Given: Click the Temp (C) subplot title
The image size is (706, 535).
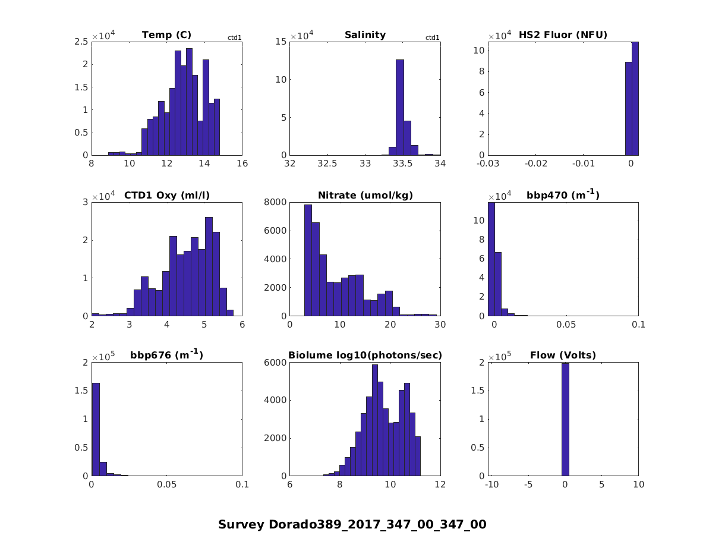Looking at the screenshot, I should (x=166, y=35).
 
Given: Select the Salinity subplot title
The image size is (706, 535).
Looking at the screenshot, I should (x=365, y=35).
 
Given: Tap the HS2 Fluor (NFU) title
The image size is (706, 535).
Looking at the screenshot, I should (x=563, y=35).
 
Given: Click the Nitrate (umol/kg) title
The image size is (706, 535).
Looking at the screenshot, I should (x=365, y=195).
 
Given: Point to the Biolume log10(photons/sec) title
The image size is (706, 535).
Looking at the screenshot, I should (x=365, y=355).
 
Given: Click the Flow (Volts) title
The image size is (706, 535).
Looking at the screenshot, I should (x=563, y=355).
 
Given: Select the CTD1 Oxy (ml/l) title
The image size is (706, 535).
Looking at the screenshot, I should (x=166, y=195).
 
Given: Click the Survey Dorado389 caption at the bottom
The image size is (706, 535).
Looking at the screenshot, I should (x=352, y=524).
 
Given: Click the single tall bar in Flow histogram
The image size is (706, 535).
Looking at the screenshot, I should (x=565, y=419).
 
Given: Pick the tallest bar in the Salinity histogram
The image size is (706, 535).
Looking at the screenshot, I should (x=399, y=107).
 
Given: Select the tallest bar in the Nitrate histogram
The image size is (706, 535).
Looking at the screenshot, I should (x=308, y=260).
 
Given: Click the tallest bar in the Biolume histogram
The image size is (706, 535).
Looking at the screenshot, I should (x=375, y=420).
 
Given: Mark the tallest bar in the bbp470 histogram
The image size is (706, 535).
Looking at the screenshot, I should (x=491, y=259).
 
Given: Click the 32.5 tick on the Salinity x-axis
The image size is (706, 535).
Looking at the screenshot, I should (x=327, y=164).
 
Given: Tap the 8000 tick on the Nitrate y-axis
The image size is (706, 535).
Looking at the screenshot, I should (x=277, y=202).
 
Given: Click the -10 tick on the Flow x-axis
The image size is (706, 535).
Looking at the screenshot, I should (x=491, y=485).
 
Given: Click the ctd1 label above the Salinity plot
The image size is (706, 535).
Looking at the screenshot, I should (x=433, y=38).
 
